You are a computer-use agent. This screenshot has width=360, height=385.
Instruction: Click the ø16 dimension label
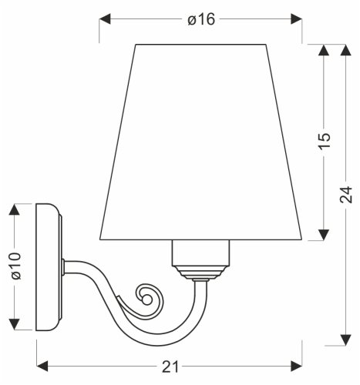(x=200, y=20)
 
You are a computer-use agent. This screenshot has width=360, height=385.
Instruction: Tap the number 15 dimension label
(x=324, y=141)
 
